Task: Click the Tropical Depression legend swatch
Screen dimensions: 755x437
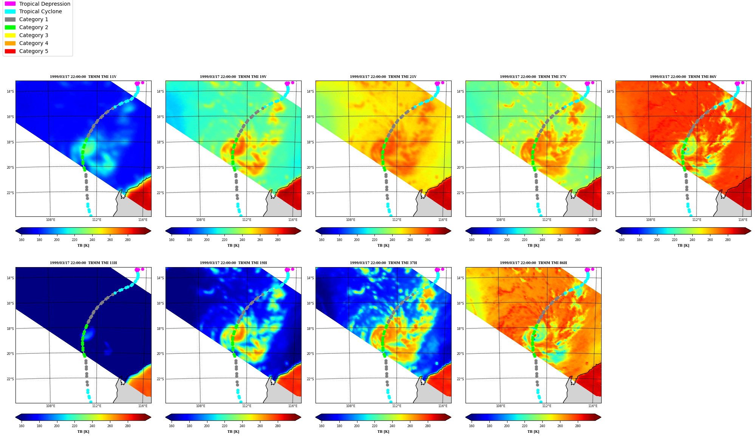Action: click(10, 4)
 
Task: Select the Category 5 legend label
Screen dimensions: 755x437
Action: click(34, 51)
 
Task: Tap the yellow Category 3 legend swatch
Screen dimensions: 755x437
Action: click(10, 35)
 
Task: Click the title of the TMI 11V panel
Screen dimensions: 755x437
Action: click(83, 77)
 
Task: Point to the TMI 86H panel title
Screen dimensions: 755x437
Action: click(533, 263)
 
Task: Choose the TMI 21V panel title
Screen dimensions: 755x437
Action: click(383, 77)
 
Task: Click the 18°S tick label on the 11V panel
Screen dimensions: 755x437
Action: click(10, 142)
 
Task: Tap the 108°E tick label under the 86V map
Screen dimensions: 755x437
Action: click(650, 220)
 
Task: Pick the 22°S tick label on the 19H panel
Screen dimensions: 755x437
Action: click(160, 379)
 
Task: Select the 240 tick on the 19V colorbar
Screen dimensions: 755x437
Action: click(242, 240)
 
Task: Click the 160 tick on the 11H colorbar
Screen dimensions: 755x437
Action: click(22, 426)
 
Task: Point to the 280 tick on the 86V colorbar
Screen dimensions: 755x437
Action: click(728, 240)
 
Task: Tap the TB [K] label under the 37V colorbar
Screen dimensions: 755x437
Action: click(533, 246)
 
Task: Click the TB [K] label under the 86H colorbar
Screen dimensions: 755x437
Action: click(533, 432)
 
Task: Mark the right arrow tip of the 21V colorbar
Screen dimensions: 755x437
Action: click(451, 231)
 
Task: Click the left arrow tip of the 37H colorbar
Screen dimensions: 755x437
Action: click(316, 417)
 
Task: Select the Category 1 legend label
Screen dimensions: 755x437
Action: click(34, 20)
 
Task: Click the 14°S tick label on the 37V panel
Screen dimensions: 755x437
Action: click(460, 92)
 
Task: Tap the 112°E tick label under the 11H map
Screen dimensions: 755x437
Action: click(96, 406)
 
